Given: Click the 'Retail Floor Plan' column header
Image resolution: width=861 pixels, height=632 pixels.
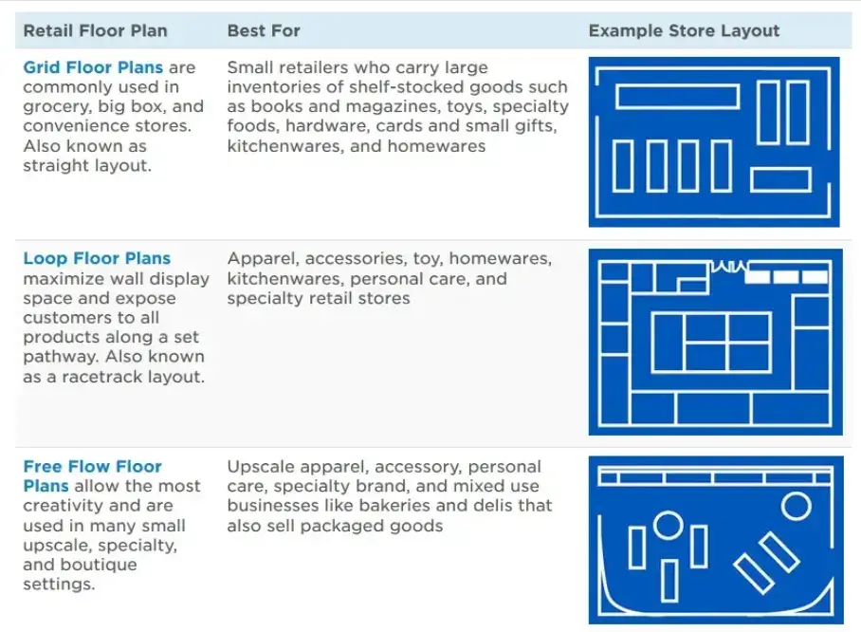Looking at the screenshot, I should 95,30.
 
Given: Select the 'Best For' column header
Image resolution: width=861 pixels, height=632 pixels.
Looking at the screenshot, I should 264,30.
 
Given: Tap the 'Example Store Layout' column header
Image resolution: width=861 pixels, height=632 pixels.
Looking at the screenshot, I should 684,30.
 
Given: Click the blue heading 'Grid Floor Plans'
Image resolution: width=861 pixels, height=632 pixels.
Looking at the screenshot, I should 93,67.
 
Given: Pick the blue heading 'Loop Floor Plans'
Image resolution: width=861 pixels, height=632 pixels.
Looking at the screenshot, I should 97,258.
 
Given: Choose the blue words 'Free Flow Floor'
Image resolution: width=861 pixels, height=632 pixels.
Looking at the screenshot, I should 92,466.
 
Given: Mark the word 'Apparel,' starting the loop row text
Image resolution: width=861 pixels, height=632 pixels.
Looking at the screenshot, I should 259,258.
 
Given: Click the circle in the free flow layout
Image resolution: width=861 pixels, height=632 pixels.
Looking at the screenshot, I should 668,524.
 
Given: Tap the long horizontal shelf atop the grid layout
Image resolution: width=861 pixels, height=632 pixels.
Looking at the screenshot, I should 676,96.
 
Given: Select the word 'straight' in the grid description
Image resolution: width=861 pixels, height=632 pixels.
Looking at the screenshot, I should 55,165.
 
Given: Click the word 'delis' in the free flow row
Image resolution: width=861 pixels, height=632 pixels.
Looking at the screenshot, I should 503,506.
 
